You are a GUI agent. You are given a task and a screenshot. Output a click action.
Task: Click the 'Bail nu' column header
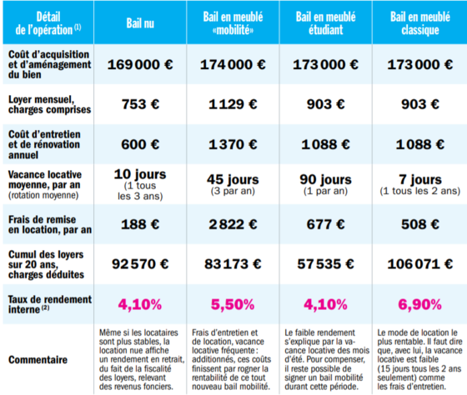point(140,23)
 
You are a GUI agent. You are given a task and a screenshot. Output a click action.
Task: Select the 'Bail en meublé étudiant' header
point(325,23)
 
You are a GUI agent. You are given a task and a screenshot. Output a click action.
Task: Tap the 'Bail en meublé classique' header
point(420,23)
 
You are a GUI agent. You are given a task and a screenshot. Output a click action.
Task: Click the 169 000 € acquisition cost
point(140,65)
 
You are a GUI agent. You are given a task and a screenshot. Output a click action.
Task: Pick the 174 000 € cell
point(233,65)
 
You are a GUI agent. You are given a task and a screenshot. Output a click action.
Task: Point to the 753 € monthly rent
point(140,104)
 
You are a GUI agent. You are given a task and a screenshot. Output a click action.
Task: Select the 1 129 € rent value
point(233,104)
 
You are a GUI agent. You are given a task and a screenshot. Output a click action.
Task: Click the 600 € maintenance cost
point(140,144)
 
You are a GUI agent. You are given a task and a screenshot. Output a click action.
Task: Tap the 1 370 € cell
point(233,144)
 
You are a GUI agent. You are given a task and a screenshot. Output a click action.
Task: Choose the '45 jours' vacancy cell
point(233,184)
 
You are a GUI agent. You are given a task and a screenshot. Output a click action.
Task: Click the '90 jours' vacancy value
point(325,184)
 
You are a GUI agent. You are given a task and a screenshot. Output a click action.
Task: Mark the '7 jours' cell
point(420,184)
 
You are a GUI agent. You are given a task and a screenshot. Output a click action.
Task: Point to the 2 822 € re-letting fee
point(233,224)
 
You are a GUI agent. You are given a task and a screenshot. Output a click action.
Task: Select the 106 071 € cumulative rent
point(420,264)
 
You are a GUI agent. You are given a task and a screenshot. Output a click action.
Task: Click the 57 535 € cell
point(325,264)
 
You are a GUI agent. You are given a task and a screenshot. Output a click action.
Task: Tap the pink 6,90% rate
point(420,304)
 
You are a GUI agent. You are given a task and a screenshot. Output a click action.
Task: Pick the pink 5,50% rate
point(233,304)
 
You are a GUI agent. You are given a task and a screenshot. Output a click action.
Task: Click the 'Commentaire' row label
point(38,359)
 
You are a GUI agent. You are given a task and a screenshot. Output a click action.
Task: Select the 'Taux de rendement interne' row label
point(50,304)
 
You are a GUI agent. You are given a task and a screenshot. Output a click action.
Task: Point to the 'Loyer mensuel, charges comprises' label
point(49,104)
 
